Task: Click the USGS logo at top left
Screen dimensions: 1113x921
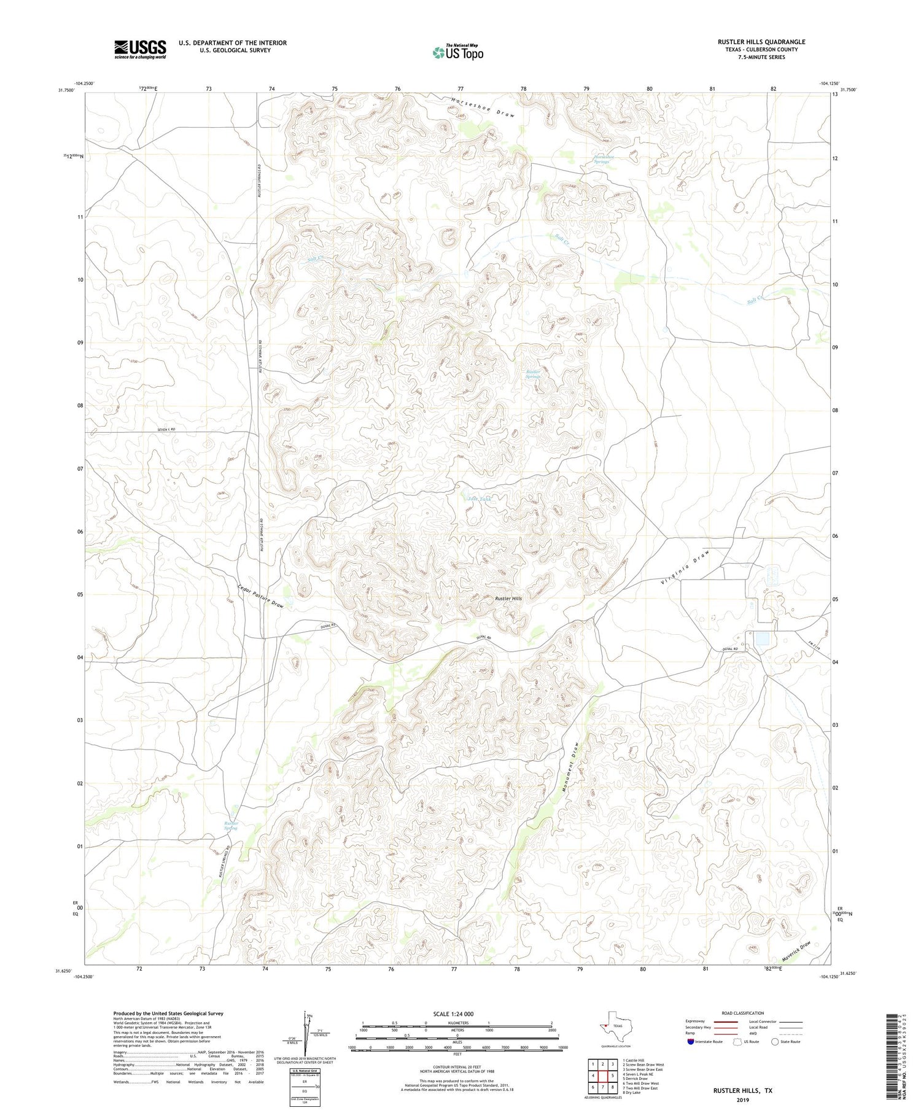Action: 140,49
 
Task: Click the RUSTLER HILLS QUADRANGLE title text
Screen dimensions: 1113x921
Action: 761,42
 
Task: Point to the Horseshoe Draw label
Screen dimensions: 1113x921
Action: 483,107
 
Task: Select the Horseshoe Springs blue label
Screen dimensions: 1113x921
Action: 604,158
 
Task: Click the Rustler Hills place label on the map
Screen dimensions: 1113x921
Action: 508,598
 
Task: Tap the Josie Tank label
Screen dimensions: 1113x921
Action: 479,498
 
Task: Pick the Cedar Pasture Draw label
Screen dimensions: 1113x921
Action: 260,595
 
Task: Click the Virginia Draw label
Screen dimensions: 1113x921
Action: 685,568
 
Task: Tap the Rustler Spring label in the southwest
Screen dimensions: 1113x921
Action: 230,826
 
